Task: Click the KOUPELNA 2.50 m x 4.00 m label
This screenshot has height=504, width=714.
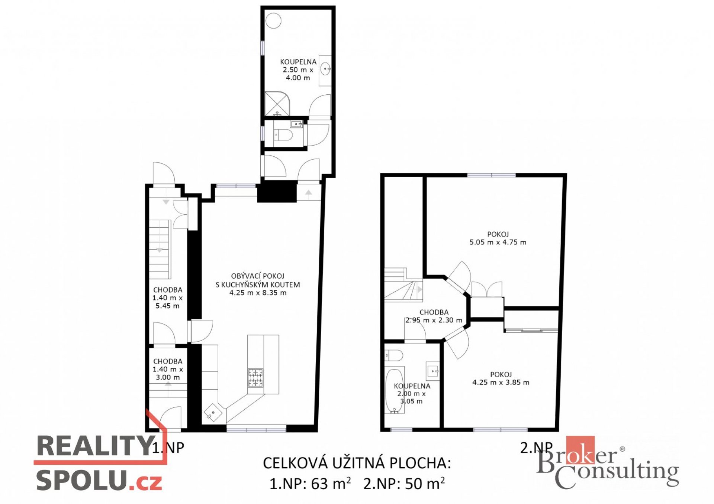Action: click(x=298, y=70)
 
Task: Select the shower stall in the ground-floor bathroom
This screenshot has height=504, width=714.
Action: click(x=277, y=104)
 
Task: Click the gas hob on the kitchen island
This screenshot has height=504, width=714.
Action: click(x=255, y=377)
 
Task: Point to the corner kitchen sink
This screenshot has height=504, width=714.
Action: click(x=213, y=413)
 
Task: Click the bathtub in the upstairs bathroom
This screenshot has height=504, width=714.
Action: click(x=395, y=391)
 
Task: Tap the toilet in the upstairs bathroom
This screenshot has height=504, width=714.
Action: click(x=394, y=355)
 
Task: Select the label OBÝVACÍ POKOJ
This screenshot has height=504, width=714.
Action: click(x=258, y=276)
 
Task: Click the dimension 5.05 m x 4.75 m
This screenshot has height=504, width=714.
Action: click(x=498, y=242)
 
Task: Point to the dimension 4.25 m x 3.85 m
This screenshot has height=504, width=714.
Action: click(x=501, y=382)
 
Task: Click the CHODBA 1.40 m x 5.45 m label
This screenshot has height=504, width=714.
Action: click(x=168, y=298)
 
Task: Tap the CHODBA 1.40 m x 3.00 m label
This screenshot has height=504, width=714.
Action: click(x=168, y=369)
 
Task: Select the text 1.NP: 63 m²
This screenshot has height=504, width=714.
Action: click(x=310, y=484)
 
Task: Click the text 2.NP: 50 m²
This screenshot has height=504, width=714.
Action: click(x=404, y=484)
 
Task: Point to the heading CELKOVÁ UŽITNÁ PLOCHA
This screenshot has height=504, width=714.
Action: click(x=357, y=463)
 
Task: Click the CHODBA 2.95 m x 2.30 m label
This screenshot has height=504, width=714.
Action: click(x=434, y=316)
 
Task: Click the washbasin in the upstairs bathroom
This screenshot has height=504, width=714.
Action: click(x=433, y=371)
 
